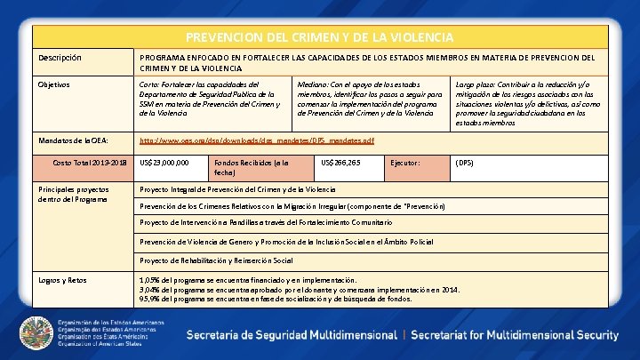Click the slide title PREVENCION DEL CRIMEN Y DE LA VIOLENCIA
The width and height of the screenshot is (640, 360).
pos(319,37)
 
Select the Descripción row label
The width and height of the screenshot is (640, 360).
pos(60,58)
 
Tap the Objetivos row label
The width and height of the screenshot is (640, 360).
pos(56,84)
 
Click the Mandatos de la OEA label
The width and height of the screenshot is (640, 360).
pos(73,140)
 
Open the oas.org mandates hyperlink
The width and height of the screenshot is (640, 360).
pos(257,140)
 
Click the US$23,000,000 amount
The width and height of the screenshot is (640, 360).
pos(164,164)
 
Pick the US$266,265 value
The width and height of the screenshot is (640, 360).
pos(340,164)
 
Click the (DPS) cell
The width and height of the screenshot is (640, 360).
pos(465,164)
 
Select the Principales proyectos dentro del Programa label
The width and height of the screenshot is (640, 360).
pos(73,195)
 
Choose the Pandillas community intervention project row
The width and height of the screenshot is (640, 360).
pos(266,221)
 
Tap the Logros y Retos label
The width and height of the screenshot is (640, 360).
pos(62,280)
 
